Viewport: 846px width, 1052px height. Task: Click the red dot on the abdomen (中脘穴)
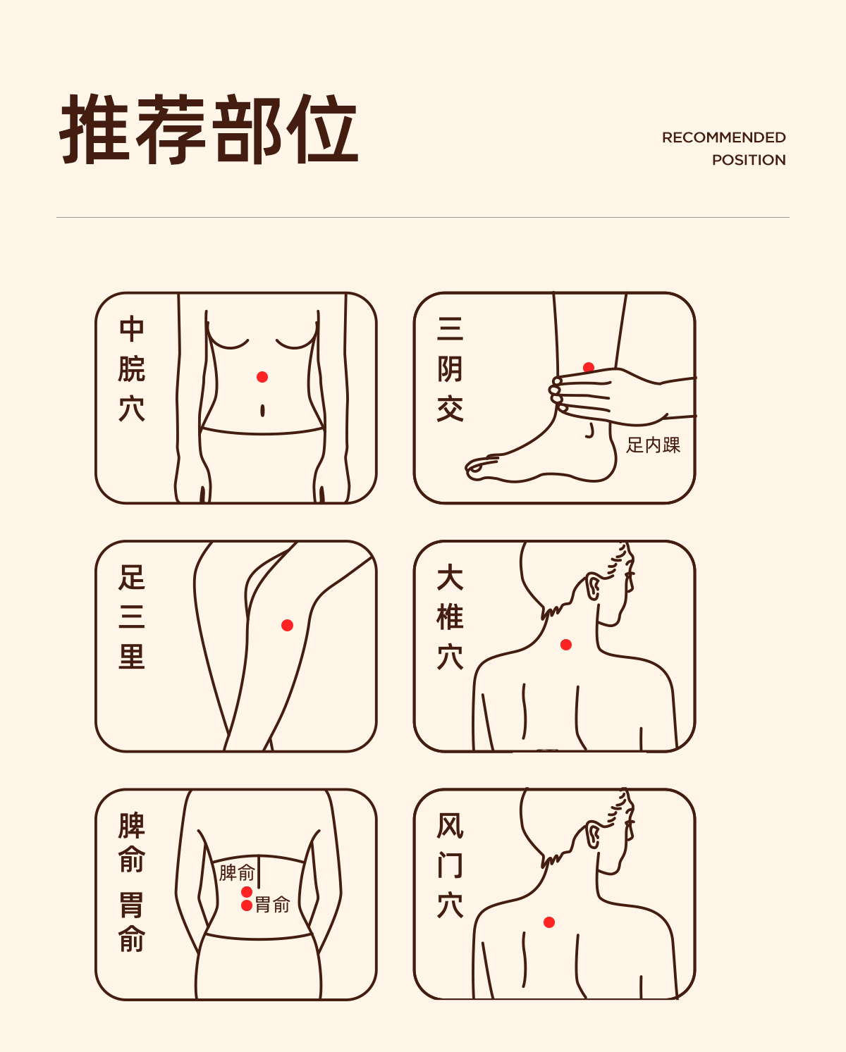(262, 377)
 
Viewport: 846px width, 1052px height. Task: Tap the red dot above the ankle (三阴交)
(589, 367)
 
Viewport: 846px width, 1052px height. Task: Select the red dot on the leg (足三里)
(287, 625)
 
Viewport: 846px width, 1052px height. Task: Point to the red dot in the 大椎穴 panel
(566, 645)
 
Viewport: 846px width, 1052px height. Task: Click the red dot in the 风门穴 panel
(549, 922)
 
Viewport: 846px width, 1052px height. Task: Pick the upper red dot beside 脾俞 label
(247, 892)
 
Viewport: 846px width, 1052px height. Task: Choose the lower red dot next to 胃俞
(247, 906)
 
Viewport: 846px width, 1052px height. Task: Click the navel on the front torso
(262, 411)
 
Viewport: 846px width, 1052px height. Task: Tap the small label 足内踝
(654, 445)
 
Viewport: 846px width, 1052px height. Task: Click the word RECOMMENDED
(723, 137)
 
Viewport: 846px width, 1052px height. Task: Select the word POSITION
(749, 160)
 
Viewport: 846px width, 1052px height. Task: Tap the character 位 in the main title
(322, 129)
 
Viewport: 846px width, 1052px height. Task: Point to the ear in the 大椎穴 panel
(593, 586)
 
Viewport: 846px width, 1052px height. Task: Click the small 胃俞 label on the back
(273, 905)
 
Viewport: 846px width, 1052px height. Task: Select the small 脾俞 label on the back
(237, 872)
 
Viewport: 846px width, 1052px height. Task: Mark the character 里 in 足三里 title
(132, 656)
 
